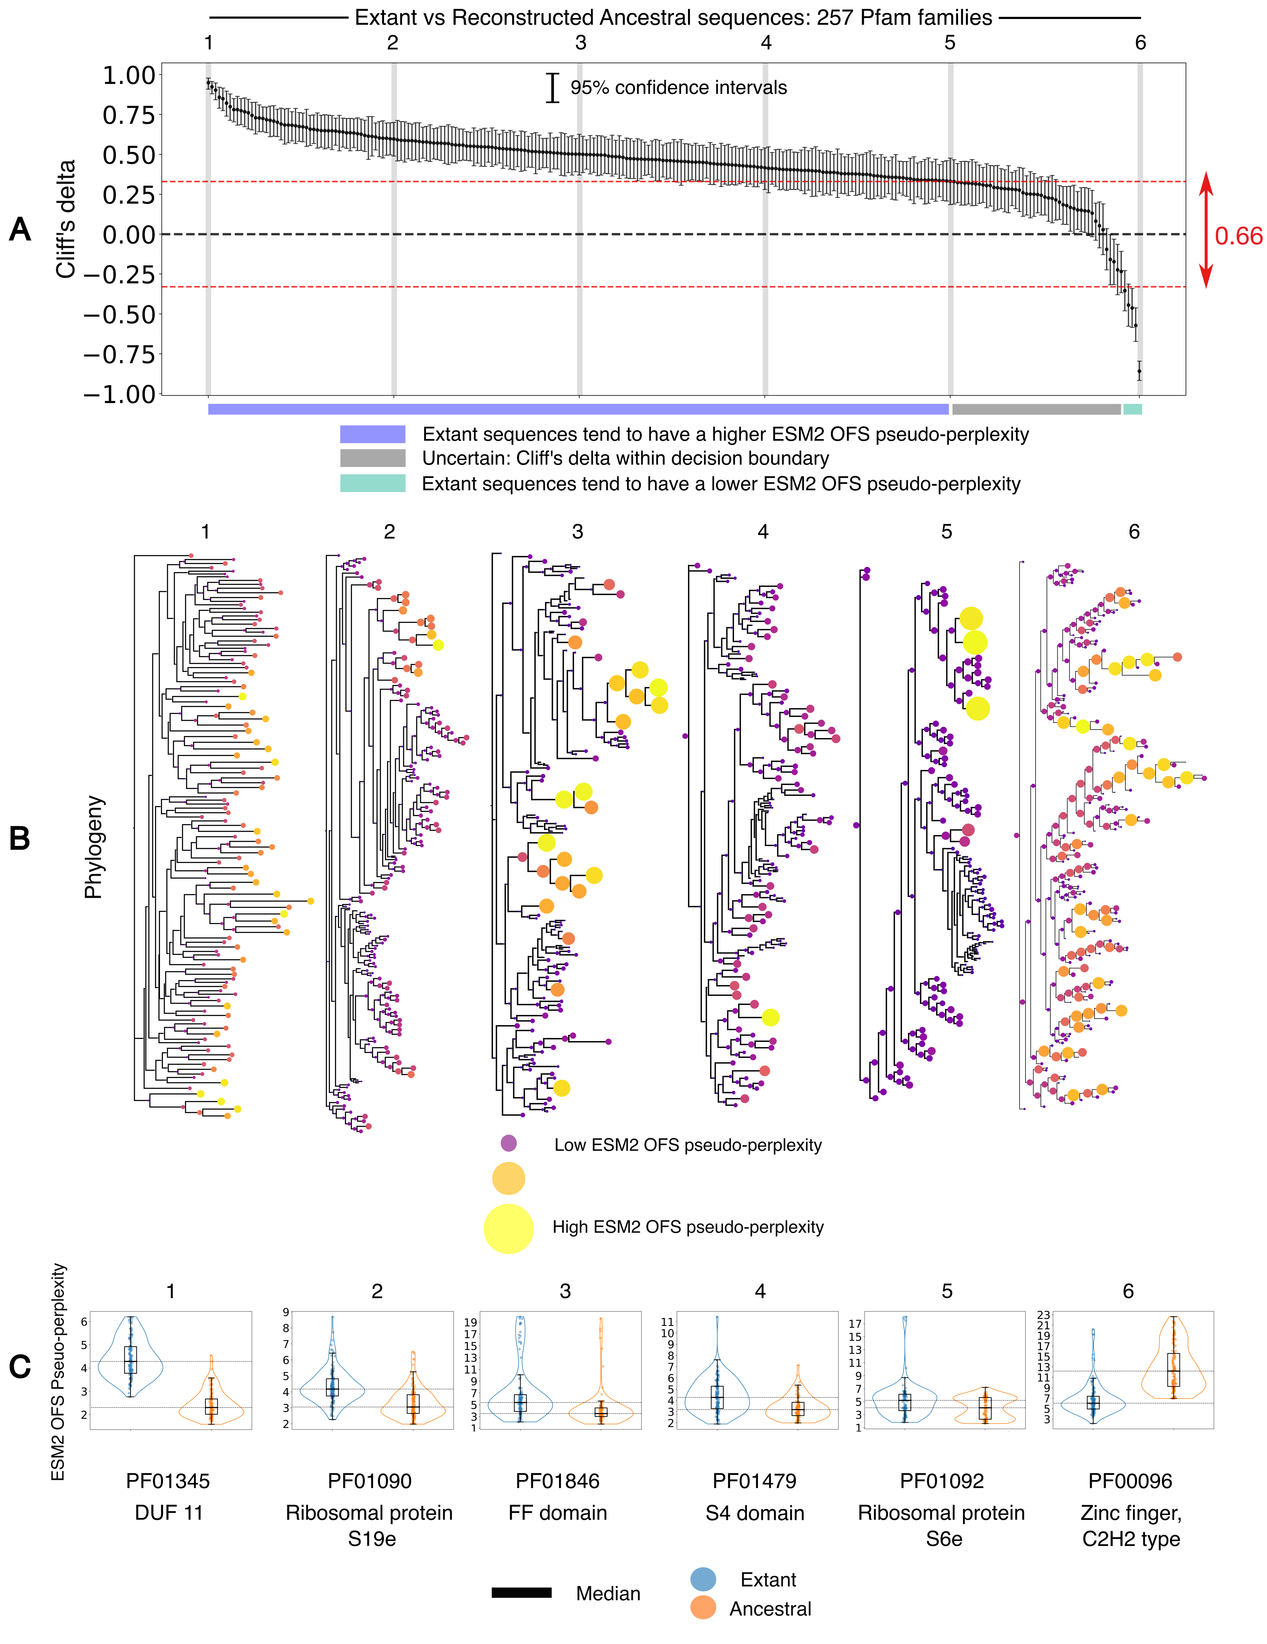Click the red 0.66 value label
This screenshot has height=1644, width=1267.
click(1238, 236)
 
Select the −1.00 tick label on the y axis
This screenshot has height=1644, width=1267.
click(120, 394)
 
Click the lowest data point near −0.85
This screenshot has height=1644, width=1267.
click(1139, 370)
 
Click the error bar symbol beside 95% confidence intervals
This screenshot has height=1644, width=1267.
click(553, 87)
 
